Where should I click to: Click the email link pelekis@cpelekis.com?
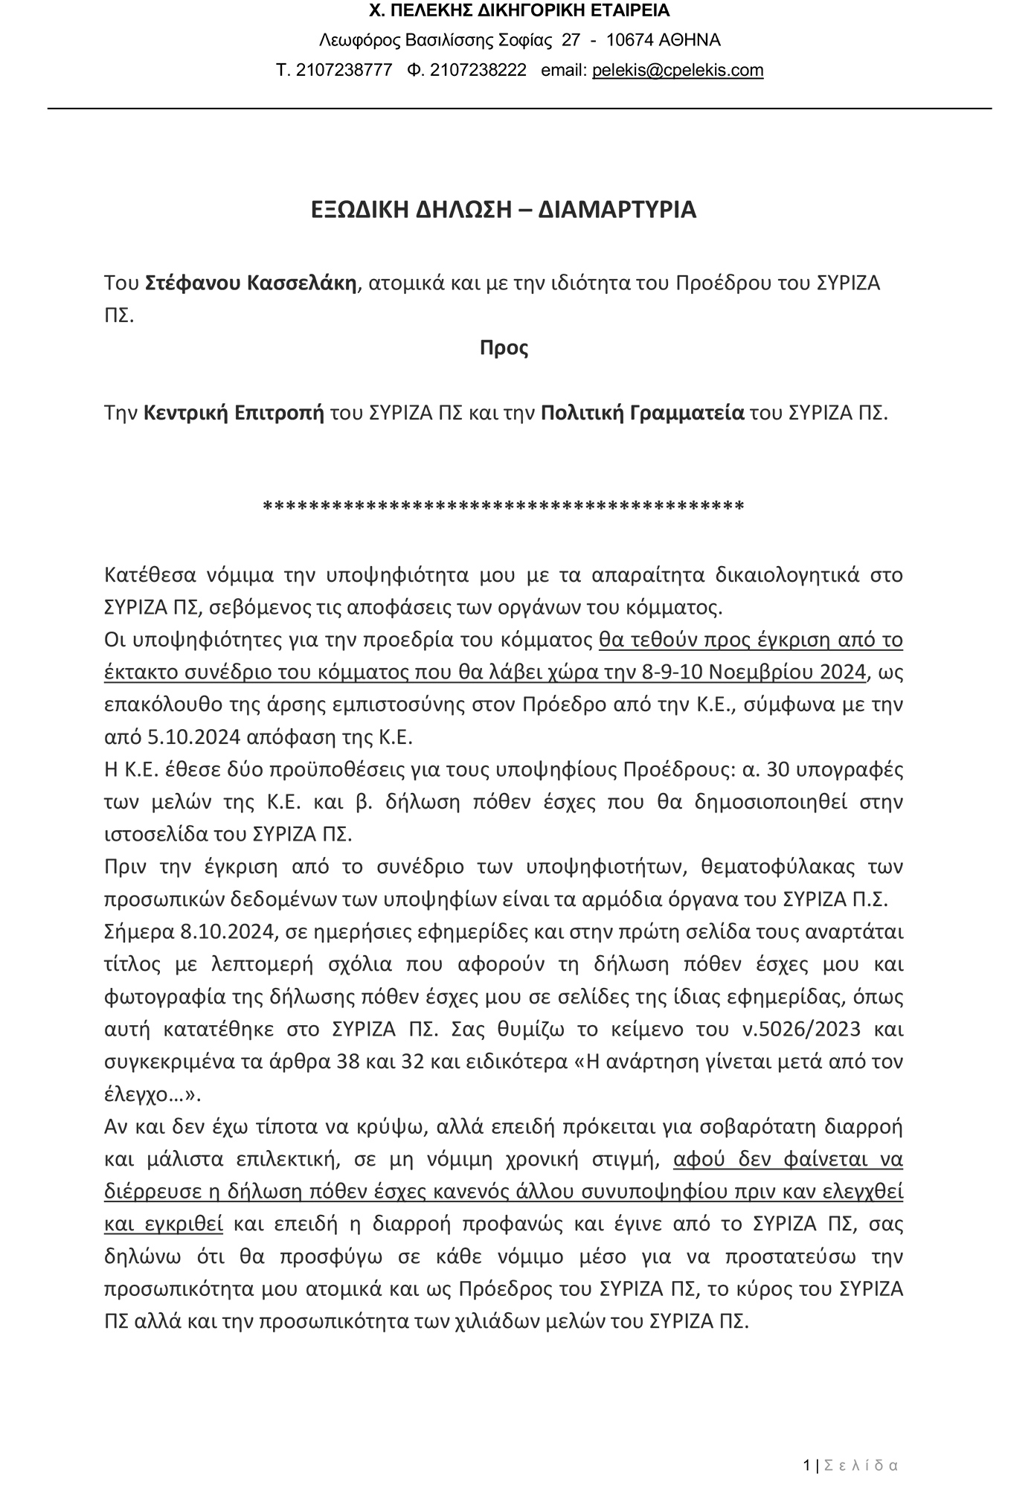click(x=678, y=71)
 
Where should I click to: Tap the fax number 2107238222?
click(x=478, y=71)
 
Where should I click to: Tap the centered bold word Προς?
click(x=504, y=348)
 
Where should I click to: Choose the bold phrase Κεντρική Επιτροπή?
click(x=234, y=413)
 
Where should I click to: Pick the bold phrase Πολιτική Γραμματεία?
click(x=642, y=413)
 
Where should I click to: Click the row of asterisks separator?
click(x=504, y=507)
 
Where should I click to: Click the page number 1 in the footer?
click(x=807, y=1466)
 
